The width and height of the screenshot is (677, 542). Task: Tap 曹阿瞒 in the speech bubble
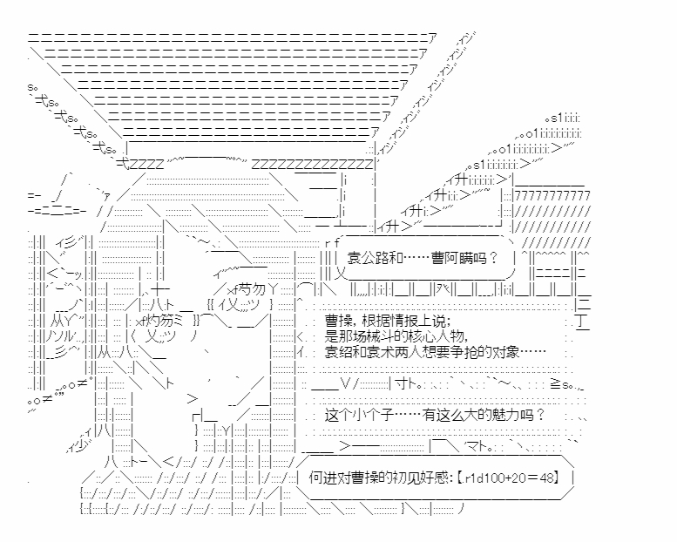(x=455, y=259)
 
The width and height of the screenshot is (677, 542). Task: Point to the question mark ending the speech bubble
(x=493, y=259)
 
